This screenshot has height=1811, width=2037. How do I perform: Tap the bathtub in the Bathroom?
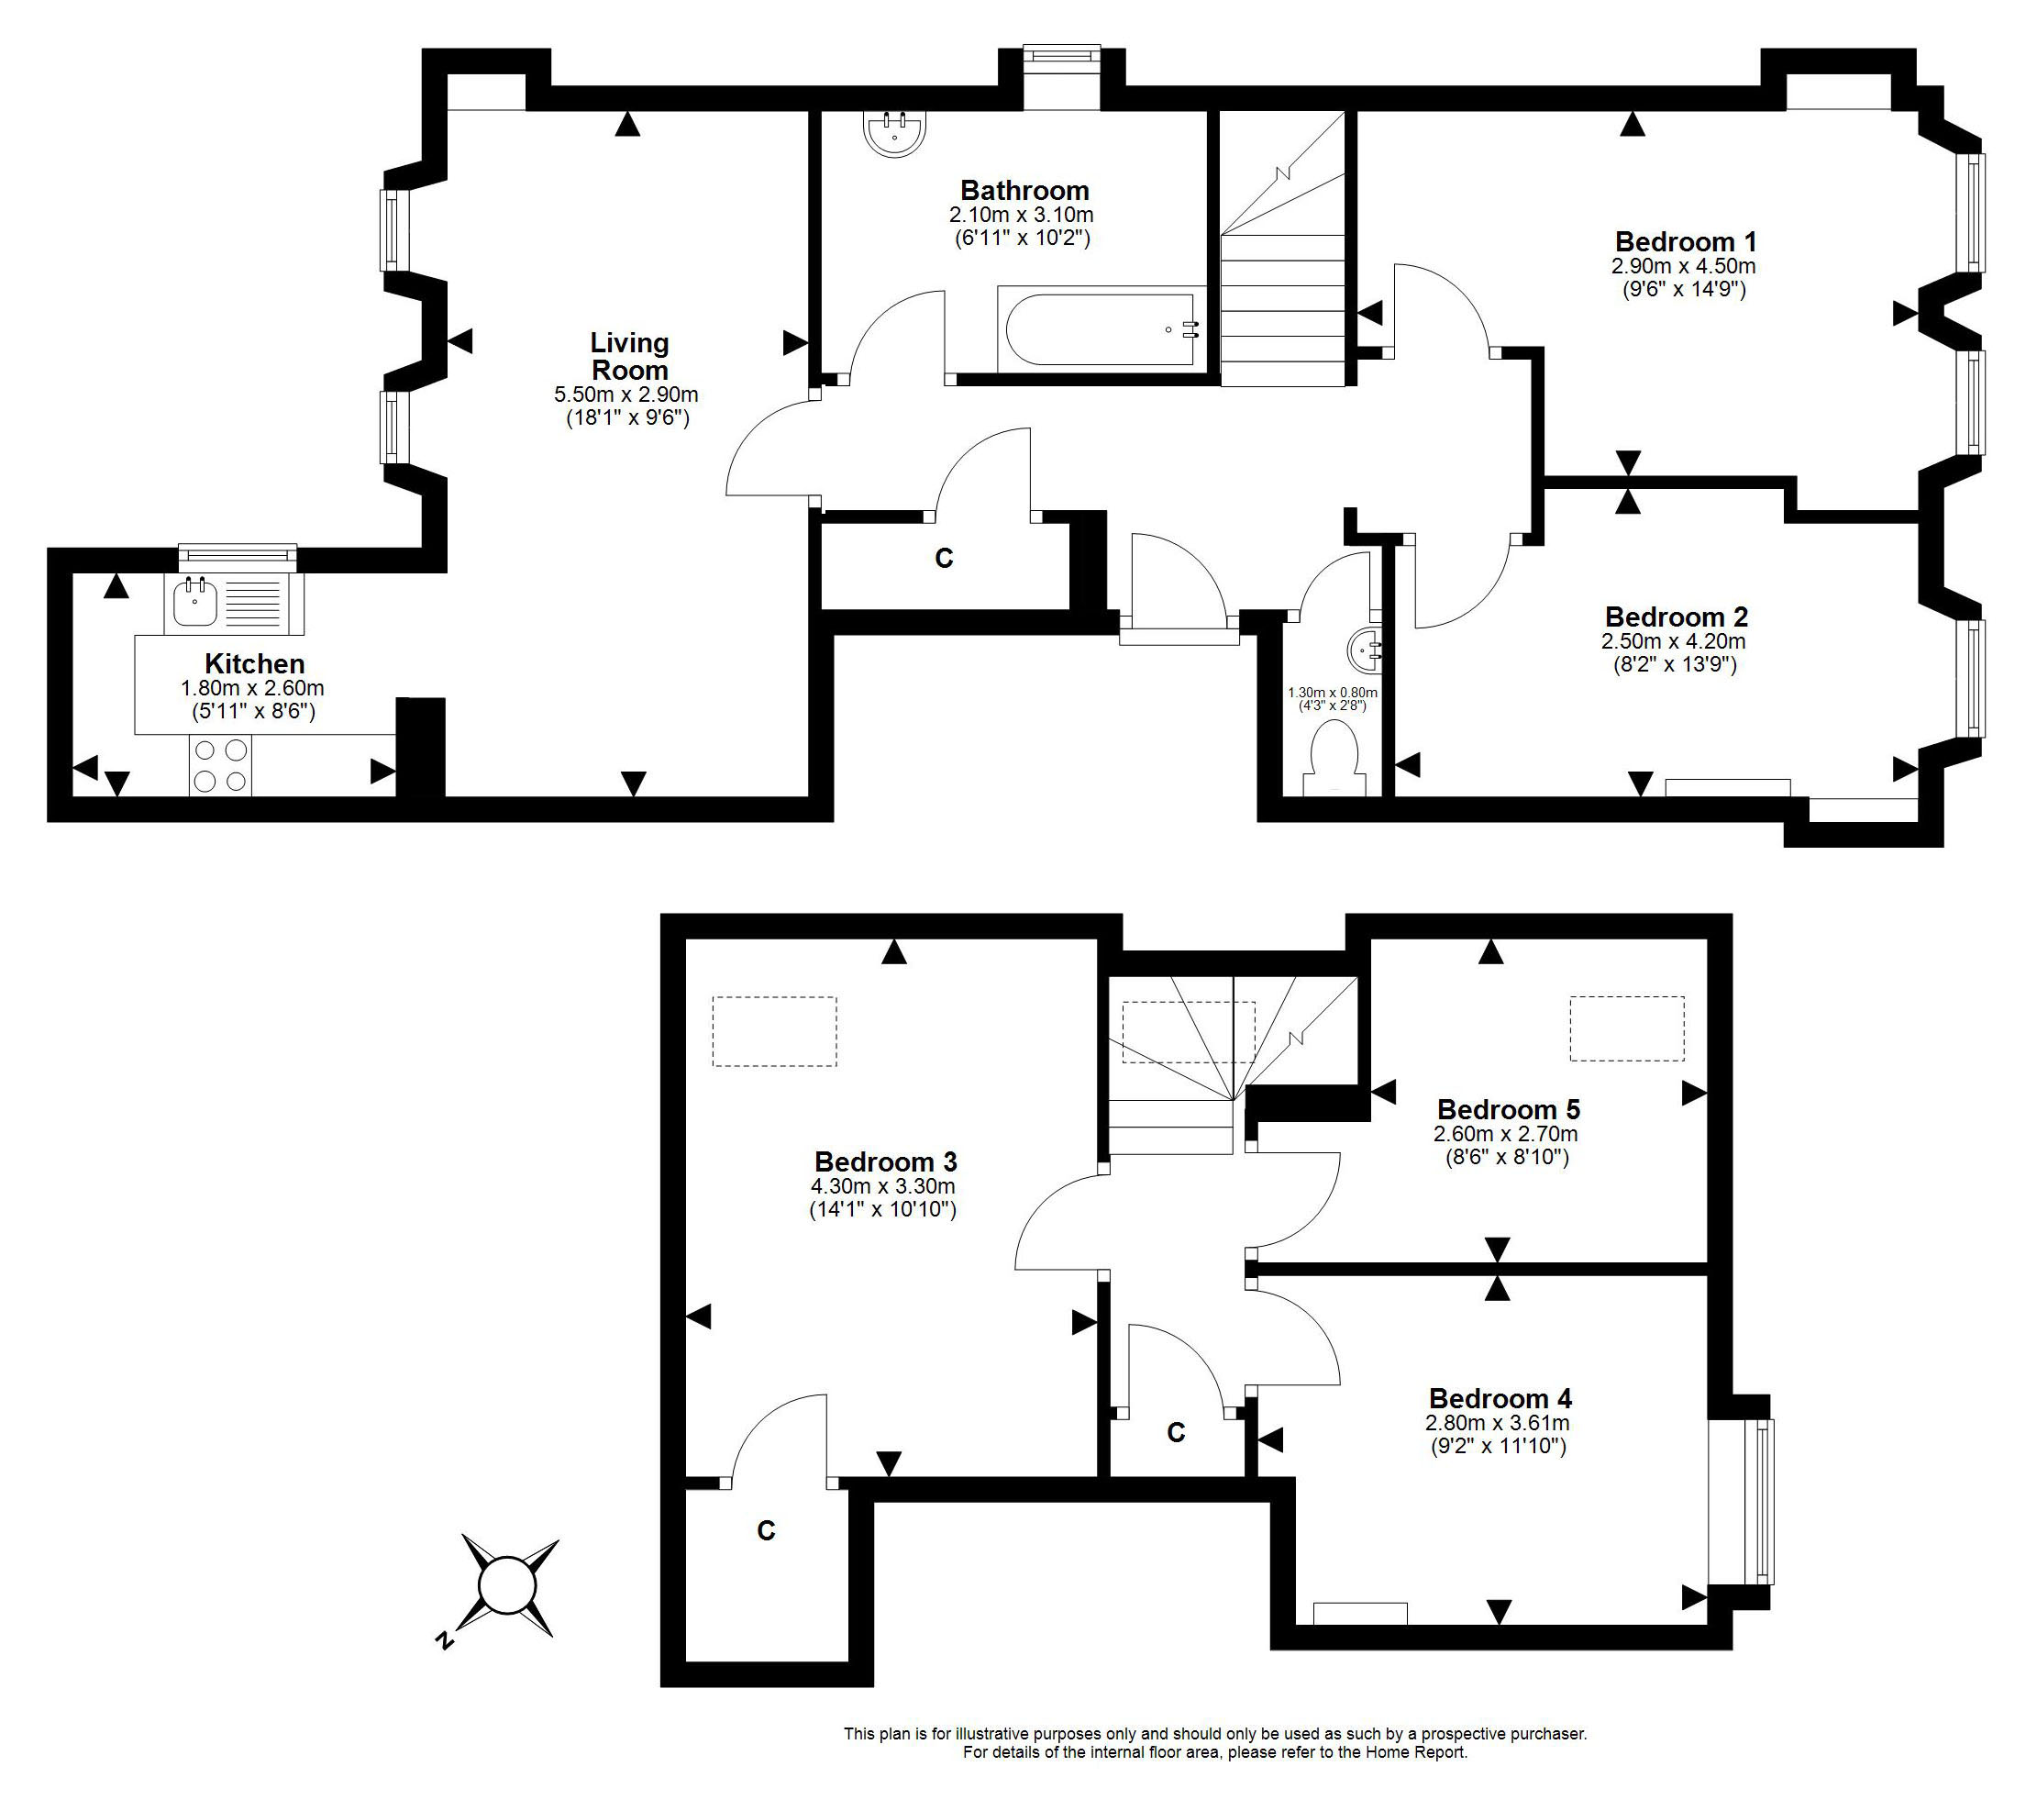point(1101,330)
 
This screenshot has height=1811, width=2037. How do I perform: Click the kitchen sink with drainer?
point(233,603)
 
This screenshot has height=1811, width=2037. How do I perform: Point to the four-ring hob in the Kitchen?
point(220,764)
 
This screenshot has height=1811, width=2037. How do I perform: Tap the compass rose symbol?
point(508,1585)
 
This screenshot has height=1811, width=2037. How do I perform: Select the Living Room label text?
point(629,356)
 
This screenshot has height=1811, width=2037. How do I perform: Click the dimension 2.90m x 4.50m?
point(1683,266)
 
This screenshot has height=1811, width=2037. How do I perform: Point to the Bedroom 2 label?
point(1677,617)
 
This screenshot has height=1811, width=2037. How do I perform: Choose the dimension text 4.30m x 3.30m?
point(883,1186)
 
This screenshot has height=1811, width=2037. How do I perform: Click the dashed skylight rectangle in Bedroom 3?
point(774,1031)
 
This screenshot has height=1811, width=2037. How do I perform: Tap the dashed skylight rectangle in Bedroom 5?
point(1627,1028)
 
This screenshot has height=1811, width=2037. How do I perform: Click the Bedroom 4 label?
point(1500,1398)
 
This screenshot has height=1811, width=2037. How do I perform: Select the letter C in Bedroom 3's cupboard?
point(766,1531)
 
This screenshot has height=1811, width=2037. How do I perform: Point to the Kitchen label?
point(254,664)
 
